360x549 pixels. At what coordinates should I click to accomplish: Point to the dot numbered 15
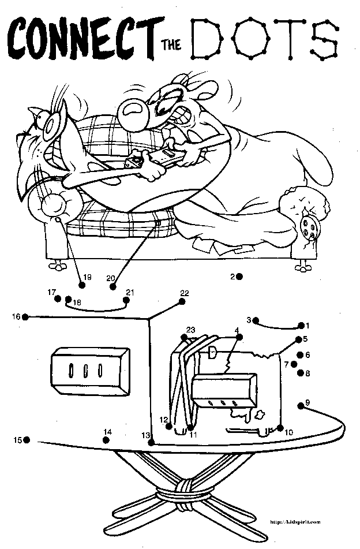pos(27,440)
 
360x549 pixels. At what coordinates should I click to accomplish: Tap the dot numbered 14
pos(106,440)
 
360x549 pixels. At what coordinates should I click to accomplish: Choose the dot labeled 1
pos(301,326)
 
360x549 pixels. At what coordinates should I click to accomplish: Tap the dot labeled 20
pos(113,286)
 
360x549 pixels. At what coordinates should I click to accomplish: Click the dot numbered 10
pos(280,428)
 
